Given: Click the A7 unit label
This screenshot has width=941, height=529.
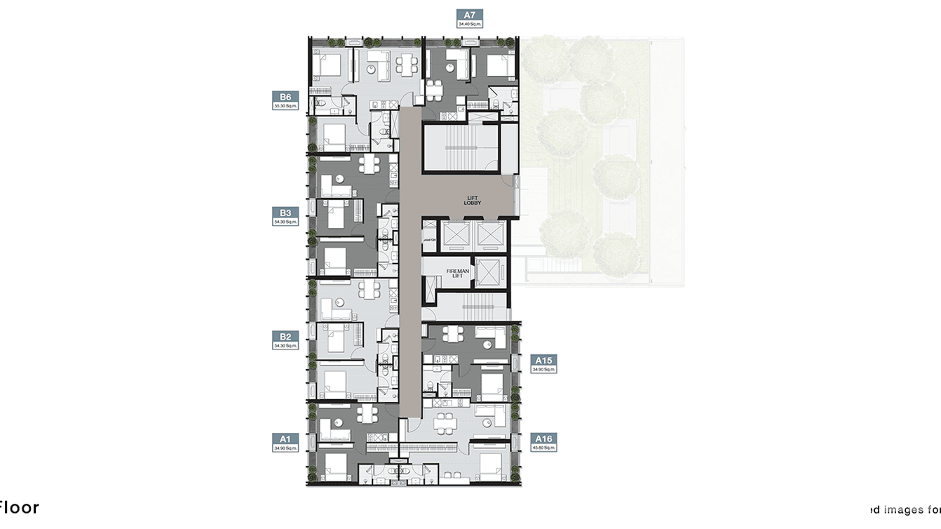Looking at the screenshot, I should coord(470,14).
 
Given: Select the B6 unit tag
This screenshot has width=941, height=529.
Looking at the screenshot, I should coord(285,97).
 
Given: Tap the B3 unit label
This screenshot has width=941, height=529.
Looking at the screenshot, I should coord(285,213).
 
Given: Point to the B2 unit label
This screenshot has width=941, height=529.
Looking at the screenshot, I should coord(285,337).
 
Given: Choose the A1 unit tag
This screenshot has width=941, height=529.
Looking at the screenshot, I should coord(285,438).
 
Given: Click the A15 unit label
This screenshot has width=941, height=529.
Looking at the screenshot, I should coord(543,361).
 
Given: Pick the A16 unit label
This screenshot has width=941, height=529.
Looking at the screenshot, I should coord(543,439).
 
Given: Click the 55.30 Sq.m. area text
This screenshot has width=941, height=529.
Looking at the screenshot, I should coord(285,106).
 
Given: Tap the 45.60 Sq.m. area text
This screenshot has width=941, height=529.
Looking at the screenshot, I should coord(543,448).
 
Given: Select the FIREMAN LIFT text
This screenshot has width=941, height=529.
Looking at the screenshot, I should coord(456,273).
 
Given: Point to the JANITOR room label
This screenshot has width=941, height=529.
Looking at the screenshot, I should coord(430,240).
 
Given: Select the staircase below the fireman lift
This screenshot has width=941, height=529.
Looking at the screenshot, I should coord(469,306).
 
